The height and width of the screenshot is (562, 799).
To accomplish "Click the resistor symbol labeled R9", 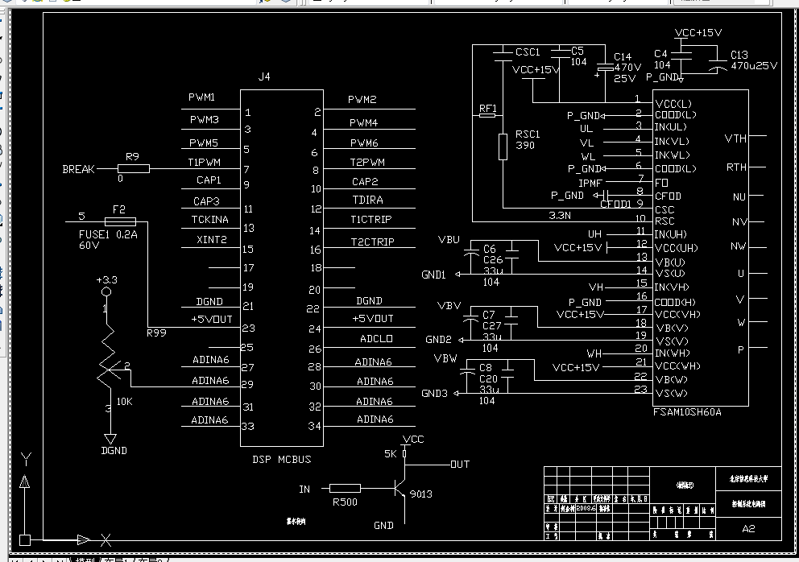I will pos(134,168).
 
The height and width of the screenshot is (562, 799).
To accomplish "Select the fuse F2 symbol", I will pos(120,221).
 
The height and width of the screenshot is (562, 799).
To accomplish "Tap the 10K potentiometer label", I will pos(125,401).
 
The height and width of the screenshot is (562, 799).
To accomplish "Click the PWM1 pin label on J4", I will pos(201,97).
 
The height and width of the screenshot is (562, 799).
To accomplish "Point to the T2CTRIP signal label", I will pos(372,242).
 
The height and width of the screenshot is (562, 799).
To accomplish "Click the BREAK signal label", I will pos(78,169).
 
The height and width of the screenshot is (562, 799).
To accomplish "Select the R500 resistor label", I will pos(346,502).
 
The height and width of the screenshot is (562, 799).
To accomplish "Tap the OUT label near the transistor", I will pos(459,465).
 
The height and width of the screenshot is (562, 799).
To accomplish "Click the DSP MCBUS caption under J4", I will pos(282,460).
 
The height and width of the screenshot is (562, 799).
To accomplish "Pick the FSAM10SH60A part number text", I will pos(688,412).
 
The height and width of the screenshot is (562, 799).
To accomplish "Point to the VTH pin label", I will pos(735,138).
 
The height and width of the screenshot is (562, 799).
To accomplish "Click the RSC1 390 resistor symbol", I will pos(503,147).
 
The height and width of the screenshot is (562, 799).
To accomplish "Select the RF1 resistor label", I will pos(488,108).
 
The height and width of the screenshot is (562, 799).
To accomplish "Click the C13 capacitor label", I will pos(739,55).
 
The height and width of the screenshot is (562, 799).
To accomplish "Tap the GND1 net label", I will pos(433,275).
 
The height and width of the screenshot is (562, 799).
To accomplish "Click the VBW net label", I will pos(445,358).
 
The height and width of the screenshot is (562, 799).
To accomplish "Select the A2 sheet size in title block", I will pos(748,528).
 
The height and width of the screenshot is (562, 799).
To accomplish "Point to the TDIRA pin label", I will pos(367,200).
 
